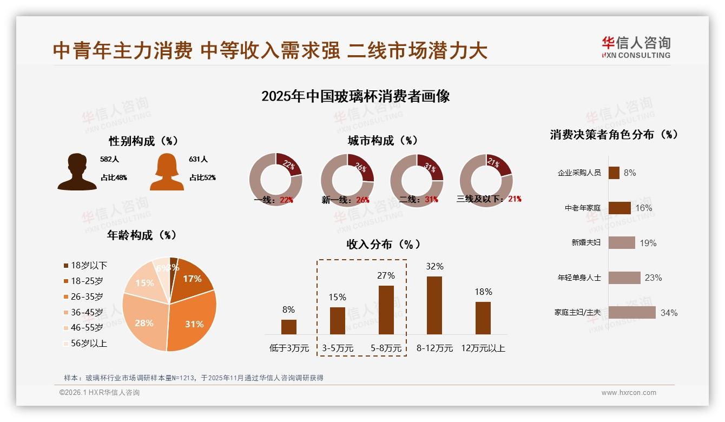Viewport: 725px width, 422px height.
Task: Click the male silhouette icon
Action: click(x=77, y=172)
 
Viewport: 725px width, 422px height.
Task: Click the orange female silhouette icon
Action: click(x=167, y=172)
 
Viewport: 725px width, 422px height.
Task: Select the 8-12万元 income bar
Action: click(x=434, y=305)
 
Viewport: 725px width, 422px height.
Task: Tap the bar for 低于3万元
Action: click(x=289, y=327)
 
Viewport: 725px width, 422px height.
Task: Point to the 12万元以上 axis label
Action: click(x=483, y=348)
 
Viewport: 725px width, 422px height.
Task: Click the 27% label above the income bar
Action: click(x=386, y=275)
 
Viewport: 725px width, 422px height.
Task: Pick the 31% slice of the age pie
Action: click(x=192, y=319)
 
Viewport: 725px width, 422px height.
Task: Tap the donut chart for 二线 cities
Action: click(x=417, y=180)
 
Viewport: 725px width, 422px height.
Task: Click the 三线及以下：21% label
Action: click(x=489, y=199)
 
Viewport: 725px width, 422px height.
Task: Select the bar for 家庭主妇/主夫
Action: click(x=632, y=313)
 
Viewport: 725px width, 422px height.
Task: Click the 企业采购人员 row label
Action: click(x=579, y=173)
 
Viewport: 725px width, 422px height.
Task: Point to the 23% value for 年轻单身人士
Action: click(x=653, y=278)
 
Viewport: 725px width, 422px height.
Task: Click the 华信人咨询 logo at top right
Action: click(x=636, y=47)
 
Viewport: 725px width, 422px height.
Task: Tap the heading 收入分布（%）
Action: click(x=383, y=245)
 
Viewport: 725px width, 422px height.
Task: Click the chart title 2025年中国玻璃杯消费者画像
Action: click(x=355, y=96)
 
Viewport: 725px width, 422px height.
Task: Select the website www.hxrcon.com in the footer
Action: click(x=629, y=393)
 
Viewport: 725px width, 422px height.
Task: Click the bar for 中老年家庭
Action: click(x=619, y=208)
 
